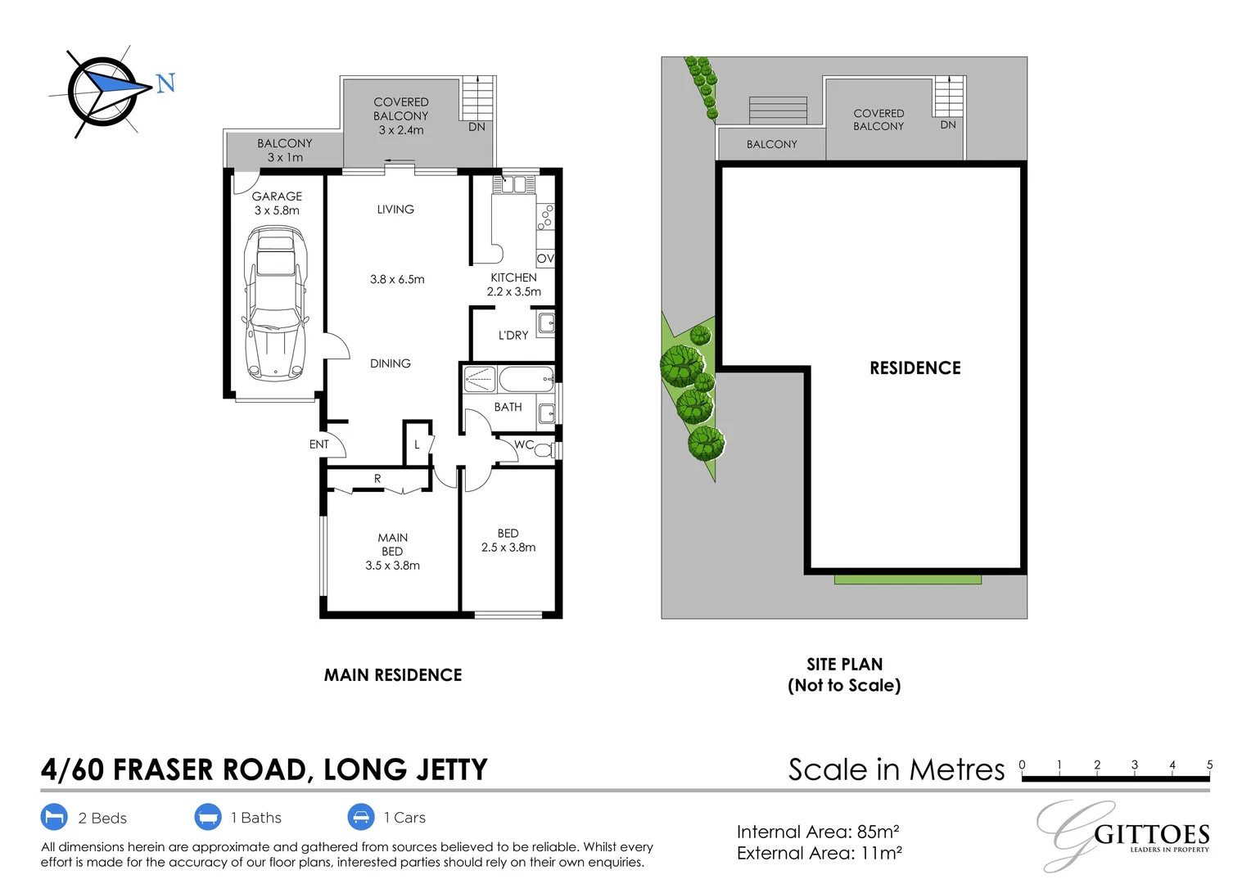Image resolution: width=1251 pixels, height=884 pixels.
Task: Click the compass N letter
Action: click(166, 83)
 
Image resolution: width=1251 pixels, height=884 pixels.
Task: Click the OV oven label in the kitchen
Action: click(545, 258)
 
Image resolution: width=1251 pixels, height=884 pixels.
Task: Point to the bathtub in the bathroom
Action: click(526, 379)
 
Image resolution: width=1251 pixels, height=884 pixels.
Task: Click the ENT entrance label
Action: click(319, 444)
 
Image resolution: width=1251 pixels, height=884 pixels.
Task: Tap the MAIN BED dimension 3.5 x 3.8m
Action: click(392, 566)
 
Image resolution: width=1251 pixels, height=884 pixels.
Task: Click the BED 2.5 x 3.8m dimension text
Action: click(508, 548)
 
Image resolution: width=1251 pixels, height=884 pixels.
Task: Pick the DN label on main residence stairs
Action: click(476, 127)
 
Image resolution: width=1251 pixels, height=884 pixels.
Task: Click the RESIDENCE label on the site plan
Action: click(915, 368)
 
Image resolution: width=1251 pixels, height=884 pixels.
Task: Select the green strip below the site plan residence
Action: click(907, 580)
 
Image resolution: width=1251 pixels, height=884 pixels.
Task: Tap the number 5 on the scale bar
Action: click(1209, 764)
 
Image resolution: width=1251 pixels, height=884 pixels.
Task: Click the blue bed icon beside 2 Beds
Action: click(54, 818)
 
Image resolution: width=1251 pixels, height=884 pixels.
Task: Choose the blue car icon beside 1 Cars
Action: click(361, 818)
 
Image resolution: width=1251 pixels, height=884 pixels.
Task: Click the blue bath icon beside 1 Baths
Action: click(208, 818)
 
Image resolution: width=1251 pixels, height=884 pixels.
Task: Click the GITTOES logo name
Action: click(1152, 835)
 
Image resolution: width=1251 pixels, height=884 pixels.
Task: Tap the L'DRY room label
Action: click(513, 335)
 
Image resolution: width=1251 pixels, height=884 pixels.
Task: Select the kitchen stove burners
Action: click(545, 217)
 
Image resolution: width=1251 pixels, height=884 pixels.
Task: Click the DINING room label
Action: click(391, 363)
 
